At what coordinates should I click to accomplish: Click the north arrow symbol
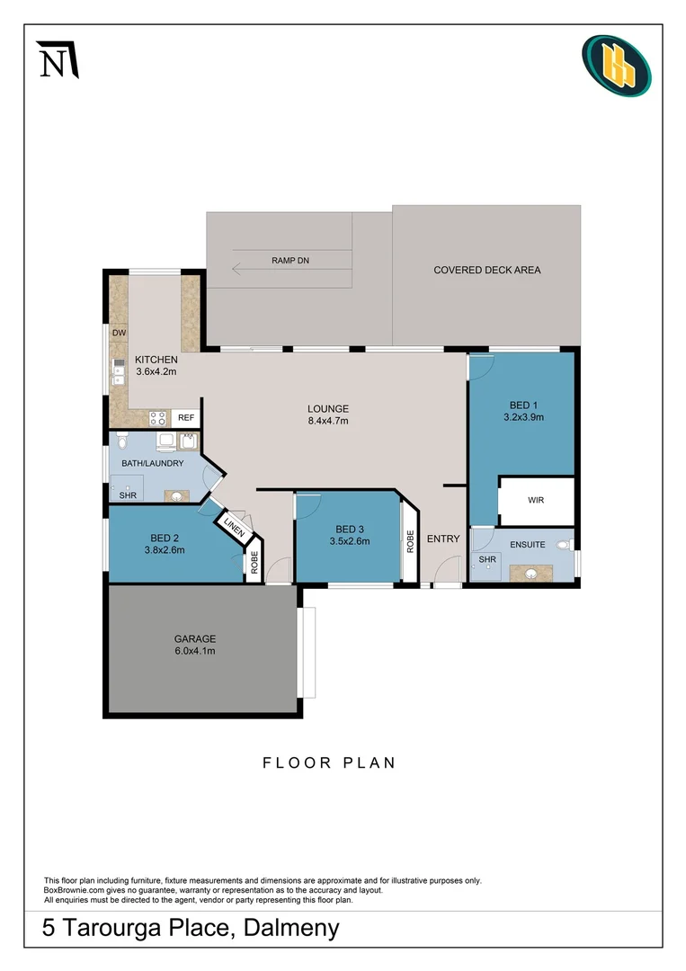click(58, 59)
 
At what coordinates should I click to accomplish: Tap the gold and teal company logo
click(616, 66)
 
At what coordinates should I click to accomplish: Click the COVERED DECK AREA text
click(486, 270)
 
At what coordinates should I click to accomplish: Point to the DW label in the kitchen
click(119, 333)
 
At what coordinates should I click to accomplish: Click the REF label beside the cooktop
click(185, 418)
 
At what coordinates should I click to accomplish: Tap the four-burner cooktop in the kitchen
click(157, 418)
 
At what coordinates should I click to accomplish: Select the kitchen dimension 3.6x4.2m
click(157, 371)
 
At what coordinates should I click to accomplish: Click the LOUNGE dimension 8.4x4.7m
click(327, 420)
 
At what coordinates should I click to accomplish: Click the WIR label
click(536, 500)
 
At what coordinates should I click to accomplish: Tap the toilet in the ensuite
click(564, 545)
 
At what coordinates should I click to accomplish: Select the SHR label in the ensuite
click(486, 559)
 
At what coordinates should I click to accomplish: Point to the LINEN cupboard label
click(234, 528)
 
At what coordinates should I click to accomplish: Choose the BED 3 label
click(350, 529)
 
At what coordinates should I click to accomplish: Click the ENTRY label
click(443, 539)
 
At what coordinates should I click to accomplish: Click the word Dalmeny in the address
click(290, 928)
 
